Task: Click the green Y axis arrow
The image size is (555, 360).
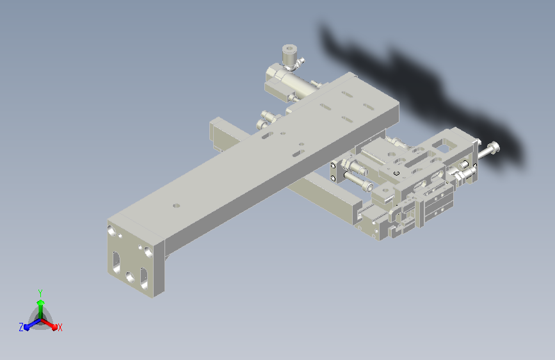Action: point(41,307)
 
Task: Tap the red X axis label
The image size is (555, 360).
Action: point(60,327)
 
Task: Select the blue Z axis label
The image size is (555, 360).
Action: point(21,327)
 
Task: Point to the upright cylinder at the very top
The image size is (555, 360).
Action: point(289,54)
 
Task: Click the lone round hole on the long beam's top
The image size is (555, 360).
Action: point(176,206)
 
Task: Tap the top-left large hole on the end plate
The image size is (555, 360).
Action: point(112,231)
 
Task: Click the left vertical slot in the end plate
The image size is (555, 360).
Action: point(116,263)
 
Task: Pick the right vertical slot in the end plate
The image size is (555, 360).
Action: point(144,279)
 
